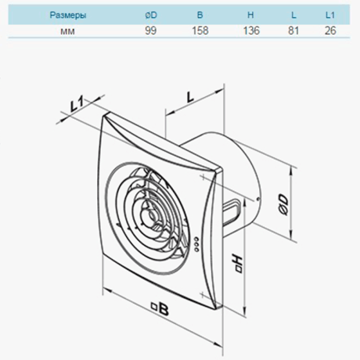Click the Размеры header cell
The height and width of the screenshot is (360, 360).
(68, 15)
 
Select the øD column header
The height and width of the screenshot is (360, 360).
(151, 15)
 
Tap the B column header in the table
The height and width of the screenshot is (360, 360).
(200, 15)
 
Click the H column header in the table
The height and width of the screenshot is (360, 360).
(251, 15)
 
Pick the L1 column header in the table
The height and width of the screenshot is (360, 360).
(330, 15)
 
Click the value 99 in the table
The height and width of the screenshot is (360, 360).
(151, 31)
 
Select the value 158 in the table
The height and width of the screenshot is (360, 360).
(200, 31)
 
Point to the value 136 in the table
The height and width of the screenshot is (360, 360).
(251, 31)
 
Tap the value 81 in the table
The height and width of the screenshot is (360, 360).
(293, 31)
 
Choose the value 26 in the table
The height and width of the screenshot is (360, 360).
(330, 31)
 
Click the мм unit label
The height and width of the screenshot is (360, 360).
(67, 31)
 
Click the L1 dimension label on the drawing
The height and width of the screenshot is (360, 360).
(76, 105)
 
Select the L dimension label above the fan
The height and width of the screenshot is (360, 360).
(190, 97)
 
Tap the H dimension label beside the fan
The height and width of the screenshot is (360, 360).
(237, 263)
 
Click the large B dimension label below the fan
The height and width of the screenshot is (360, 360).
(160, 308)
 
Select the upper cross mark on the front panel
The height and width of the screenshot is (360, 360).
(203, 177)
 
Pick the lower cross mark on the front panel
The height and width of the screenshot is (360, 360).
(202, 294)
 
